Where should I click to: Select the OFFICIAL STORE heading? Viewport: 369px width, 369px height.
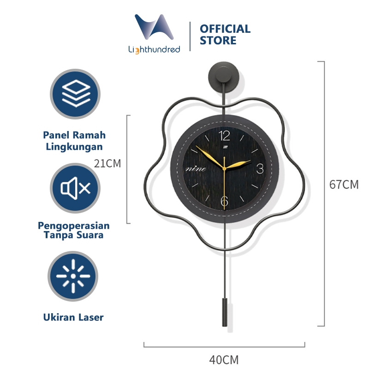225,35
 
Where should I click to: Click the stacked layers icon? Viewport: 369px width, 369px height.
75,94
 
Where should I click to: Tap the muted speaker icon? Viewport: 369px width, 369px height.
75,188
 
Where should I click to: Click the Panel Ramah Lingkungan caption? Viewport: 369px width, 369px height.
74,141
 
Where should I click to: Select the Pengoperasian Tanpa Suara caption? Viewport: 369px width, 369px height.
74,230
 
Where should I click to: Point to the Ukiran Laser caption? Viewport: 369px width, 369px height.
74,317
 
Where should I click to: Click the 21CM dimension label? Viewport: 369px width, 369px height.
107,164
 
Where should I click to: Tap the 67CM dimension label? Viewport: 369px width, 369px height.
344,184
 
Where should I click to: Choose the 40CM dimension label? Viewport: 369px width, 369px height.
224,359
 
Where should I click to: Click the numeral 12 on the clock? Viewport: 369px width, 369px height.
225,136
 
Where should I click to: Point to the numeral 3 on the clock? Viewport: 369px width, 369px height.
260,168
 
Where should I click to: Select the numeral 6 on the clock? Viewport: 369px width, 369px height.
225,201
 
